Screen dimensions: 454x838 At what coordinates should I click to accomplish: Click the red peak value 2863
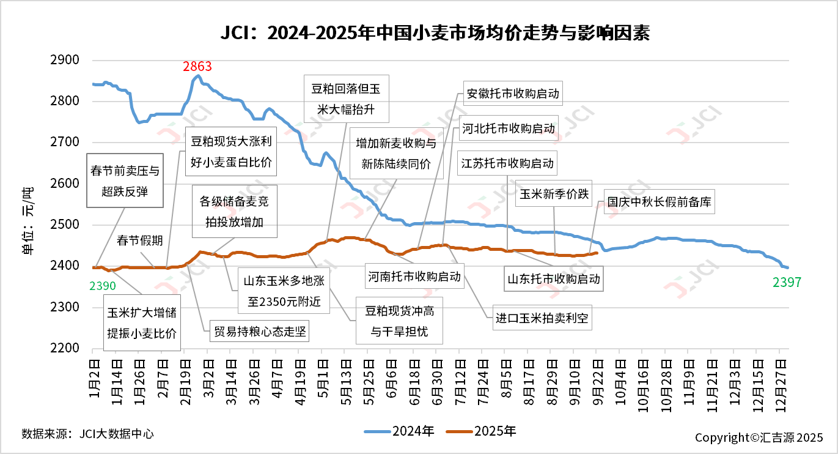197,67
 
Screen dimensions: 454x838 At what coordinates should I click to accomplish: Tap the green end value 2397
787,282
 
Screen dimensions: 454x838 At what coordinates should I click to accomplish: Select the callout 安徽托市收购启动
512,94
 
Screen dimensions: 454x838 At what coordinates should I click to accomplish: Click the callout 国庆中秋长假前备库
658,203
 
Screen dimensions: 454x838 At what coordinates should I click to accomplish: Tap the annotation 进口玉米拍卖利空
543,318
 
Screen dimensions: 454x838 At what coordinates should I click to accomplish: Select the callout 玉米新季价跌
554,194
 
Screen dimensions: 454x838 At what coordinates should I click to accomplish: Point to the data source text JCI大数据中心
87,434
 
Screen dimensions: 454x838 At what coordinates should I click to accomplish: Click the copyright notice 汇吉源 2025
759,437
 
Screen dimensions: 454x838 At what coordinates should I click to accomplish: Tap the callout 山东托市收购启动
554,279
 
